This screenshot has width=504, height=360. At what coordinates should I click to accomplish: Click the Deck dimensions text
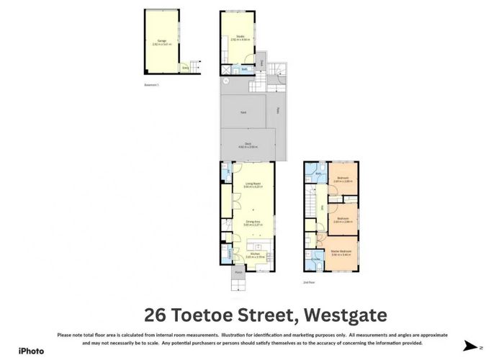248,147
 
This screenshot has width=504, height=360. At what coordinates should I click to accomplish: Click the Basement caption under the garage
151,84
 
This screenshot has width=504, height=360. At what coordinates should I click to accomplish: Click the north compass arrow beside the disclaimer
470,346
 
